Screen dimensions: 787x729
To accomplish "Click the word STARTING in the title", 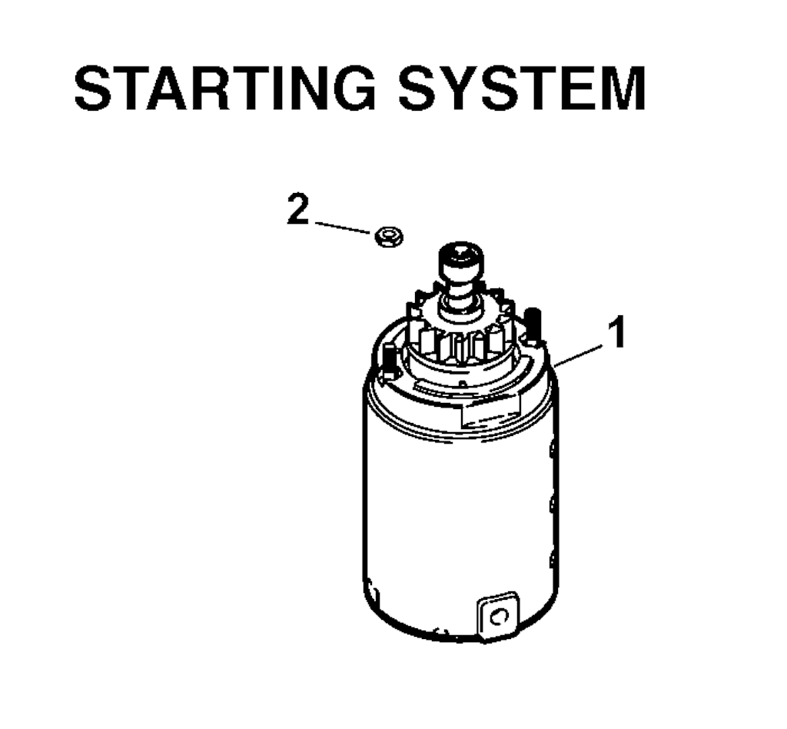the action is [x=225, y=88].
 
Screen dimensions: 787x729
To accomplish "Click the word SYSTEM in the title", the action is [x=522, y=88].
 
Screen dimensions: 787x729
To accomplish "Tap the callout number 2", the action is [x=298, y=210].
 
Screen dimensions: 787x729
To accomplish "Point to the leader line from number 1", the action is [x=579, y=355].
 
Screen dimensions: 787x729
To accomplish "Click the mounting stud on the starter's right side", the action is [x=532, y=327].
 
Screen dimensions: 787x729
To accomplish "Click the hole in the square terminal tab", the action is [x=498, y=616].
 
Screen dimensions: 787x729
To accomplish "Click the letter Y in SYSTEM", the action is [x=461, y=88].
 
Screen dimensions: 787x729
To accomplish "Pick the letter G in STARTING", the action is [x=352, y=88].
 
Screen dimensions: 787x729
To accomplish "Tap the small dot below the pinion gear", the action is [x=462, y=384].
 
